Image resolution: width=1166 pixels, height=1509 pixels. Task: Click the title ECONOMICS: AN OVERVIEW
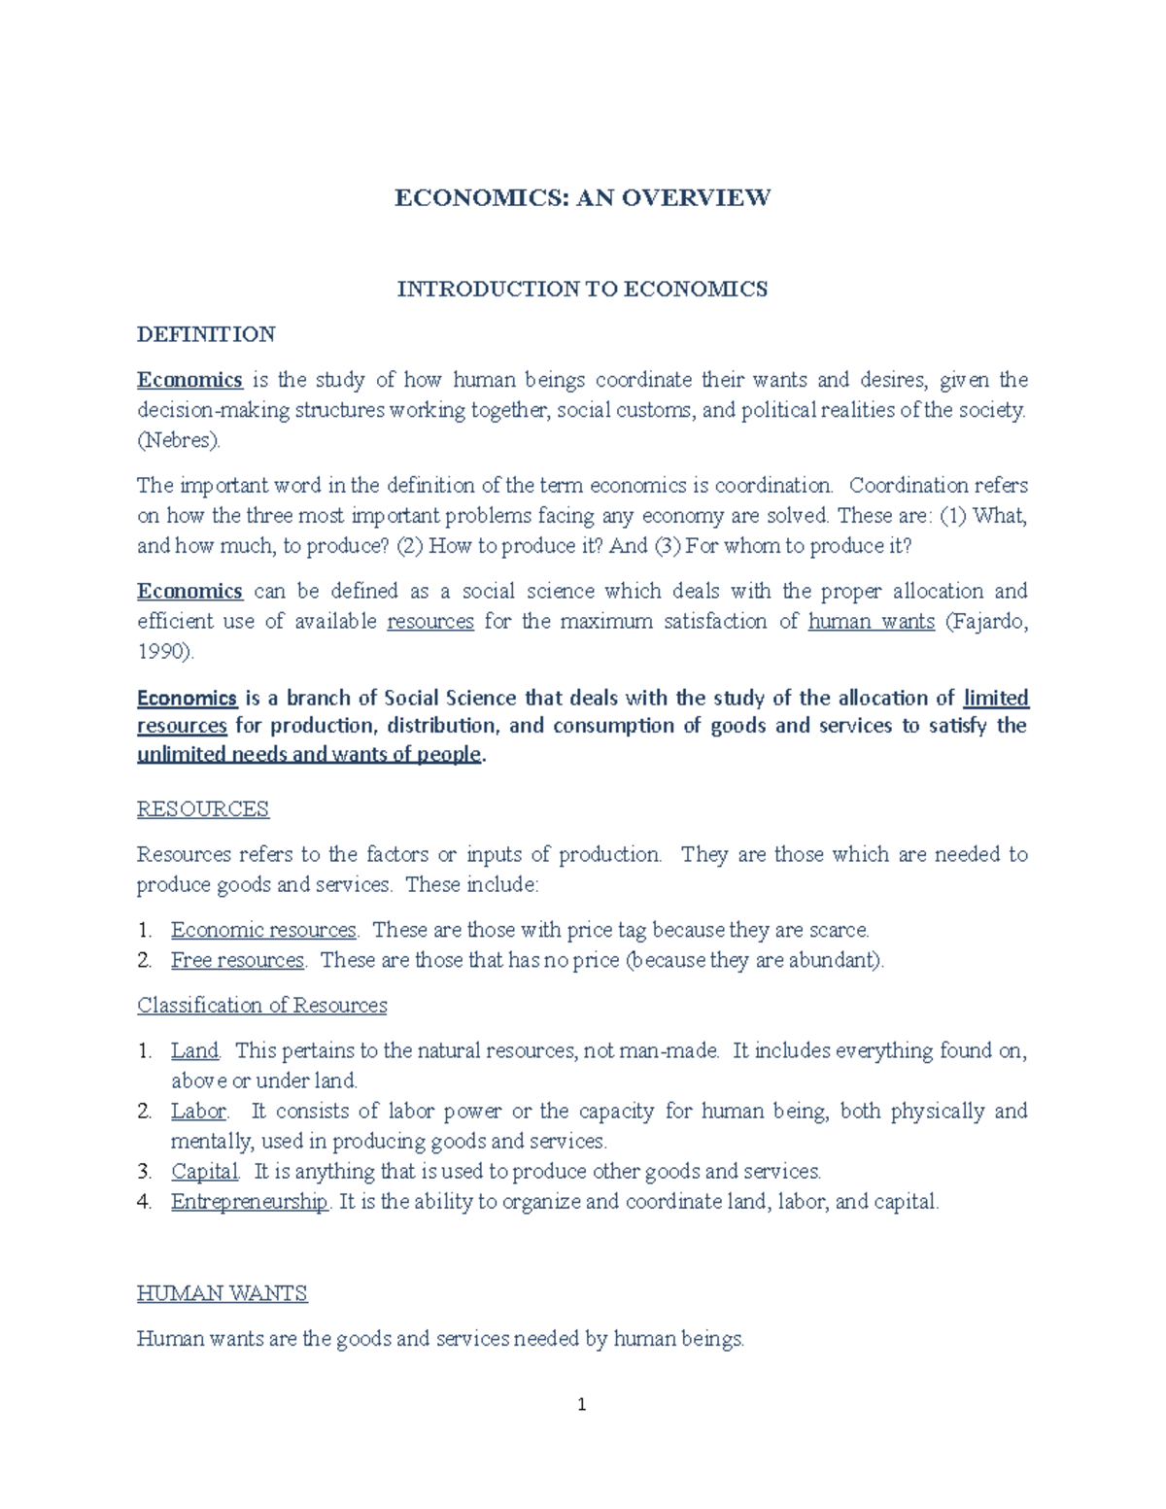click(582, 198)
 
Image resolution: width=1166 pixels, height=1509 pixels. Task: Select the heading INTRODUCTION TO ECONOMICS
click(582, 289)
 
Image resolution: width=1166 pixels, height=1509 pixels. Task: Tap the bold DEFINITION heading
click(206, 334)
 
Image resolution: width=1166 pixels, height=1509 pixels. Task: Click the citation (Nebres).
click(179, 440)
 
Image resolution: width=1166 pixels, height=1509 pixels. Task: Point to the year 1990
click(162, 651)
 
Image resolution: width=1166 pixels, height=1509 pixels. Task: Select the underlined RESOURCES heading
click(202, 808)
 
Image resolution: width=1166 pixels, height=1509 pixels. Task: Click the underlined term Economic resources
click(263, 930)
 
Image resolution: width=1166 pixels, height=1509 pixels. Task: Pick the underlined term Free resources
click(237, 960)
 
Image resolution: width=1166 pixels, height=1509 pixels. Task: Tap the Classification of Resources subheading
click(261, 1005)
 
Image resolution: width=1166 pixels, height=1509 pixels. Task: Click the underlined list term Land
click(194, 1050)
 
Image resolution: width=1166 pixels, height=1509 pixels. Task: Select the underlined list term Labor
click(198, 1111)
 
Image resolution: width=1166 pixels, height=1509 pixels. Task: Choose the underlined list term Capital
click(204, 1171)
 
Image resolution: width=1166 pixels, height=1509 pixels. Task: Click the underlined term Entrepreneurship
click(250, 1201)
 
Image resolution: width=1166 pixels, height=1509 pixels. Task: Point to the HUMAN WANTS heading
click(222, 1293)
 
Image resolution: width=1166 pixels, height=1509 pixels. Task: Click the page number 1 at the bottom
click(581, 1404)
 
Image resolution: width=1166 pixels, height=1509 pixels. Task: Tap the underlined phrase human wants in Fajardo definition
click(871, 621)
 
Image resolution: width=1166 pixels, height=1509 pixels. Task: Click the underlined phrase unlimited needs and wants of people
click(309, 754)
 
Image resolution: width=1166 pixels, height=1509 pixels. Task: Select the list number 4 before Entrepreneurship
click(144, 1202)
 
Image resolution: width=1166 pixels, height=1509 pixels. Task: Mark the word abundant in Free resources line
click(837, 960)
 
